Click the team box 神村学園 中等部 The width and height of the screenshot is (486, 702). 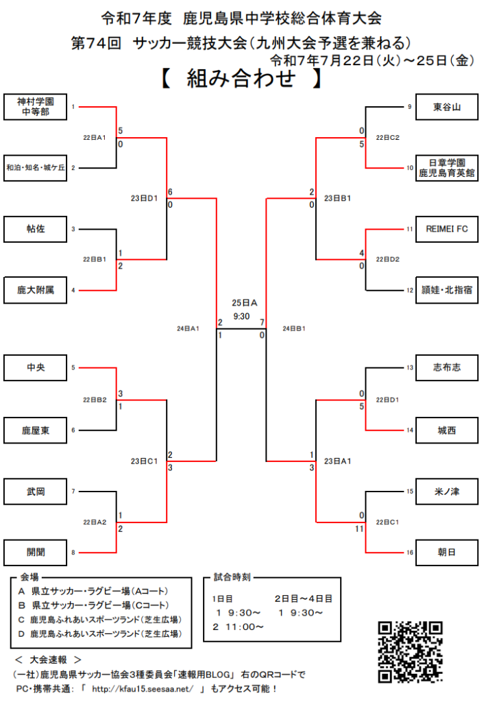[x=35, y=106]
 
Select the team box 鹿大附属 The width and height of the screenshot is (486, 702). [x=35, y=290]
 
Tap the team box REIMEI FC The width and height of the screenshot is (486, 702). [x=446, y=229]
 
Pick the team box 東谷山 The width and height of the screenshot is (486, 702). [x=446, y=107]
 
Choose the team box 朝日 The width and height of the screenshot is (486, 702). [x=446, y=552]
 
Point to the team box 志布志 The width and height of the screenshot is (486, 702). [x=446, y=368]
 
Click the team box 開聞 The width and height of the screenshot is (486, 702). [x=35, y=552]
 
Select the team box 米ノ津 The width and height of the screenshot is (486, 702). [x=446, y=492]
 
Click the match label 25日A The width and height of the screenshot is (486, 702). [x=244, y=302]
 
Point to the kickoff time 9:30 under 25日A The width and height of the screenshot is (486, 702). [x=241, y=316]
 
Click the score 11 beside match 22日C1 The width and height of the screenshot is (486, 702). [x=359, y=529]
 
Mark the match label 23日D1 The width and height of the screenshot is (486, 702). [x=144, y=199]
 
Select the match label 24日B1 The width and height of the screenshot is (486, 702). [x=295, y=329]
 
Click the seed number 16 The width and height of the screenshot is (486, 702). [x=409, y=552]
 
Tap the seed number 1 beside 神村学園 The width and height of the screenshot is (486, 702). [x=73, y=107]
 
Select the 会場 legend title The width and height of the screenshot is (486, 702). [x=29, y=577]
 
